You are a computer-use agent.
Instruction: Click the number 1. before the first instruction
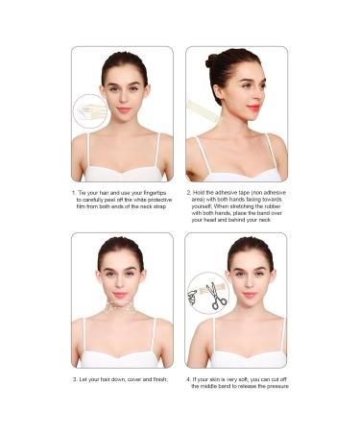[x=75, y=193]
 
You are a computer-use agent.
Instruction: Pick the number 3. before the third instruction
[x=75, y=380]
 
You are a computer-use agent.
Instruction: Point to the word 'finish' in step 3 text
[x=156, y=380]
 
